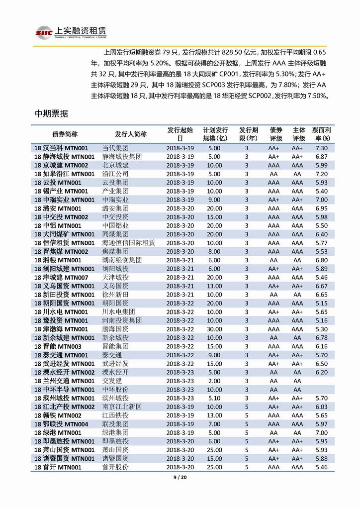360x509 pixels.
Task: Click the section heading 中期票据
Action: pos(51,113)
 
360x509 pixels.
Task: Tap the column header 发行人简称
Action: pos(130,134)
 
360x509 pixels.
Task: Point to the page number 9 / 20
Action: pos(180,479)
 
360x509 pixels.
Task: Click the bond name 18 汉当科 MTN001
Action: pos(62,148)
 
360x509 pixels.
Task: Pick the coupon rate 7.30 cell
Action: pos(321,148)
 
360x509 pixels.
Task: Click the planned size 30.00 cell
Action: pos(214,329)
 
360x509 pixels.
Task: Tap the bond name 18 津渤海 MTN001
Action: pos(62,329)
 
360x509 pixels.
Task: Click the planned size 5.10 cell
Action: pos(214,398)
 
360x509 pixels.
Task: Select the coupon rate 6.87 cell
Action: pos(321,157)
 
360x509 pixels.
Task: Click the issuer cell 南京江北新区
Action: pos(122,407)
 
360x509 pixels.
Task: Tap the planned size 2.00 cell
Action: pos(214,381)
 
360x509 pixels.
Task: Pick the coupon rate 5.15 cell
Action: pos(321,303)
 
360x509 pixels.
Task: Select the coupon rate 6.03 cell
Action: pos(321,407)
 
